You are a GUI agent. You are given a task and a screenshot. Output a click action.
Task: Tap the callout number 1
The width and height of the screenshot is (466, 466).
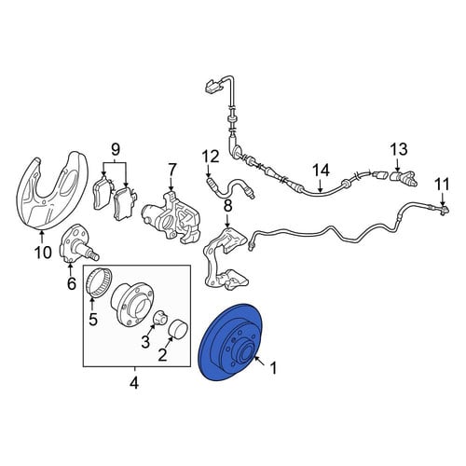[273, 369]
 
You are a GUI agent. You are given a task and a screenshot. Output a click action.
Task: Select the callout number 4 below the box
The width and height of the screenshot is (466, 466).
[134, 383]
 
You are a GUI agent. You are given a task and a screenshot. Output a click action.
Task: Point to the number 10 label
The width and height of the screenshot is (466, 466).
[43, 253]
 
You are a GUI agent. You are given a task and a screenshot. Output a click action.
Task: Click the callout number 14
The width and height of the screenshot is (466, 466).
[321, 171]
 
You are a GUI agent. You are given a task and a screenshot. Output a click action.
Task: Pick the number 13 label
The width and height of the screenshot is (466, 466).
[399, 149]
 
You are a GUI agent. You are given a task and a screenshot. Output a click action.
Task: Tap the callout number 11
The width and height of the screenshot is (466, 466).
[443, 185]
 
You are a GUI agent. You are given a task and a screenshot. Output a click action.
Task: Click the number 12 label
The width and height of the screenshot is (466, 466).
[211, 157]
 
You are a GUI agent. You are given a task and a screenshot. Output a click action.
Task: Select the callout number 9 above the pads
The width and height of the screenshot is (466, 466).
[115, 150]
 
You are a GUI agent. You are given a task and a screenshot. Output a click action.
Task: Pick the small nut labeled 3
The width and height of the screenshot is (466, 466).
[160, 318]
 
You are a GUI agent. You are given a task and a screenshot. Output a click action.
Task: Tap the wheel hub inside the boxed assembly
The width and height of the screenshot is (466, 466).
[132, 304]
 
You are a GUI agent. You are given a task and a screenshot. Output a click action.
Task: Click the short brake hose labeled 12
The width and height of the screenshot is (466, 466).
[231, 187]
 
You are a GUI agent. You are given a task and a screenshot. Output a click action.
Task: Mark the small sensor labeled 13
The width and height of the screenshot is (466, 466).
[404, 178]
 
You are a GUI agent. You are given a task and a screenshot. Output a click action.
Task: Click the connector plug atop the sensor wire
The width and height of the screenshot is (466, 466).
[212, 85]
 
